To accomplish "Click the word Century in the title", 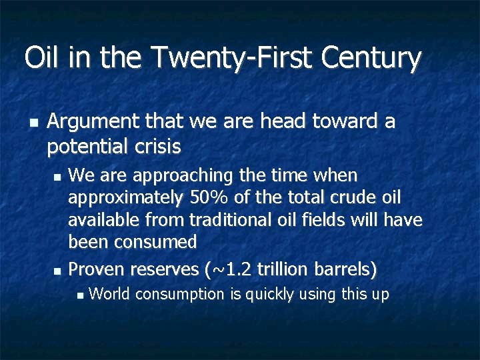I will (371, 59).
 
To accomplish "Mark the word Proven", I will (97, 269).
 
